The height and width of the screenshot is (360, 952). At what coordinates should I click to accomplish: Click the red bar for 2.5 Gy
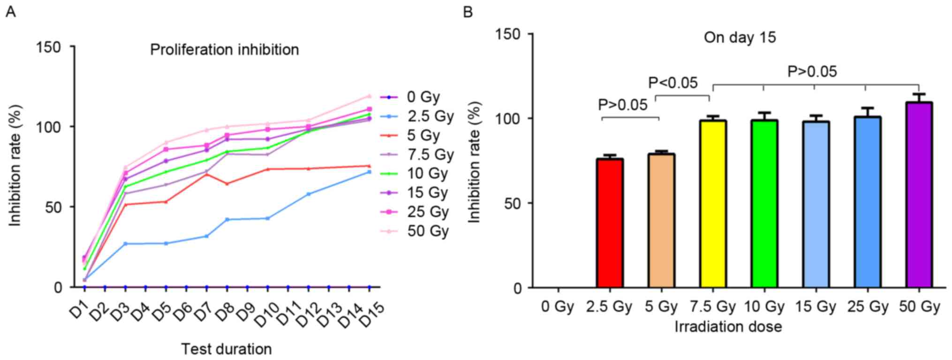610,223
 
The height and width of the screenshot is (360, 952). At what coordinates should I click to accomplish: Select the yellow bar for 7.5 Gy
713,204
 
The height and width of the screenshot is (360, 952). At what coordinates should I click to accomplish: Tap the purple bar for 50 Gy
919,195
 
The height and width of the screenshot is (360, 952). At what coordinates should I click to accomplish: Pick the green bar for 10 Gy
764,204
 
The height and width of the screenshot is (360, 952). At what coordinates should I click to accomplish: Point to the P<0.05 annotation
673,83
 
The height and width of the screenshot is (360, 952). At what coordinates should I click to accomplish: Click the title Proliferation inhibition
224,50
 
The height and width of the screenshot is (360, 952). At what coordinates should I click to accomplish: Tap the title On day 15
740,37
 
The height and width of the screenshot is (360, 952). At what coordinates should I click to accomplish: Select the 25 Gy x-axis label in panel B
868,307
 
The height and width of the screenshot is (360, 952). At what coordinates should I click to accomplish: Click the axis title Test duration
227,349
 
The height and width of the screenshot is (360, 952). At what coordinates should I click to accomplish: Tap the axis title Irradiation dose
728,327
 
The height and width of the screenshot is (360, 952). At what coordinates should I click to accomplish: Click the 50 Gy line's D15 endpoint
370,96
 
